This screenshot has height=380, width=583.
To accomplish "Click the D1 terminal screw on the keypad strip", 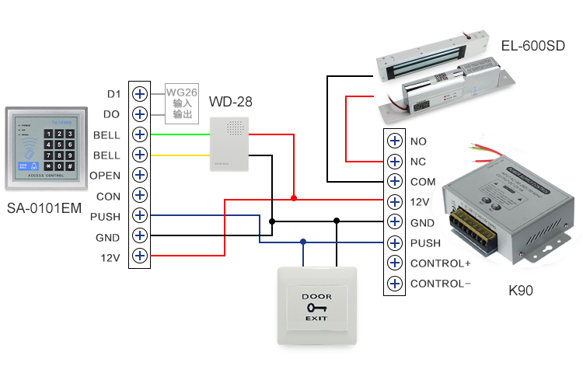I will click(x=140, y=94).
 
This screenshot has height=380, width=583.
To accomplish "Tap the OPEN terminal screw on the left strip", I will click(x=140, y=175).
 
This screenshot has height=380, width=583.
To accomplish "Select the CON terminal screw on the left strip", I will click(x=140, y=195).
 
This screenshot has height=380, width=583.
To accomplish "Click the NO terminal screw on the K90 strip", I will click(x=395, y=141).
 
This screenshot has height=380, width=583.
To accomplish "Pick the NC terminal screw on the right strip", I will click(x=395, y=162).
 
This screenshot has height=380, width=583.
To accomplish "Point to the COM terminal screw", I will click(x=395, y=182).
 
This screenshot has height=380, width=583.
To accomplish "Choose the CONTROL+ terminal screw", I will click(x=395, y=263).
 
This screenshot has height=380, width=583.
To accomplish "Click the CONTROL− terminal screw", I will click(x=395, y=284).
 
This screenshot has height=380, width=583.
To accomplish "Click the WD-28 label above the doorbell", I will click(x=231, y=102).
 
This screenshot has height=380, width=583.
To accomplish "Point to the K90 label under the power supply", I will click(x=520, y=291).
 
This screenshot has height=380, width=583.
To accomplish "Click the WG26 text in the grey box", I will click(x=180, y=92).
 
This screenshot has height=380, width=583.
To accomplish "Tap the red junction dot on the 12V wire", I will click(x=294, y=198).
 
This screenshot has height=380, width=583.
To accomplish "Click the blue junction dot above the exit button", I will click(x=303, y=242).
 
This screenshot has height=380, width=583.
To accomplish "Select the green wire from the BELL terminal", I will click(x=179, y=134).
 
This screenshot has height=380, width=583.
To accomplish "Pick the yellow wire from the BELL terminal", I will click(x=179, y=155).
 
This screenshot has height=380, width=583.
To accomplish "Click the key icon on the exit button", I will click(x=316, y=308).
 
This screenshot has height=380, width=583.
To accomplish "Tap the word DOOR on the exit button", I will click(x=316, y=296).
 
